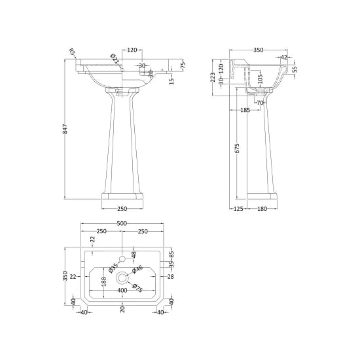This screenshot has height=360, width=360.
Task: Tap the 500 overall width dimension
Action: (x=122, y=224)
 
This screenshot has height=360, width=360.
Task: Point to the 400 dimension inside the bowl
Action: (x=122, y=290)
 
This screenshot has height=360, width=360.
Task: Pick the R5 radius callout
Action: (x=71, y=51)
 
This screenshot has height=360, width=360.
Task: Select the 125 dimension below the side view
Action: (x=238, y=209)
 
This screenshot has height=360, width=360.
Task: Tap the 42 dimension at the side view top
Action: (x=283, y=58)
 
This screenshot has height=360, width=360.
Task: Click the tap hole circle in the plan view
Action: (x=122, y=258)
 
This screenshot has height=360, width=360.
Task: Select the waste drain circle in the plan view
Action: (x=122, y=277)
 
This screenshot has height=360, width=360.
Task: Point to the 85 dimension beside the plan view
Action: (x=171, y=255)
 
